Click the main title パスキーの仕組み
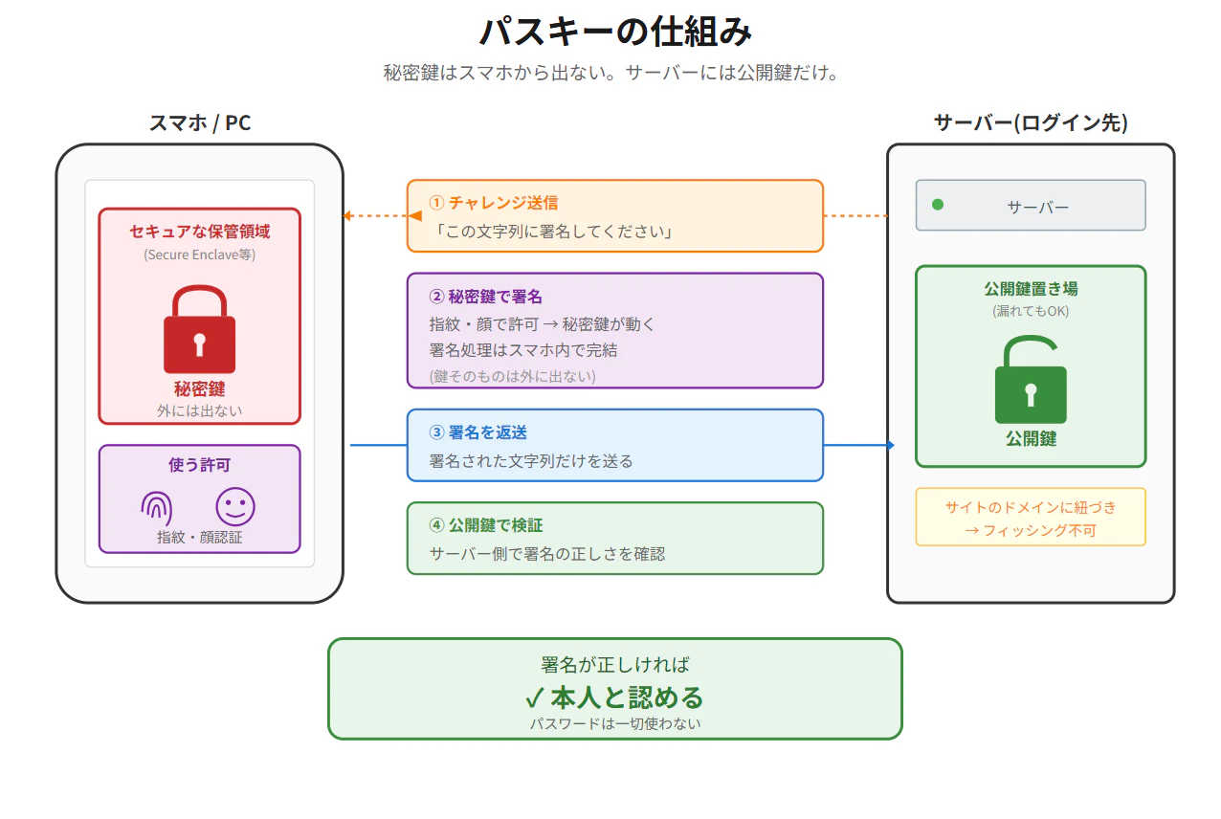pos(615,31)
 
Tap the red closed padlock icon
pos(199,329)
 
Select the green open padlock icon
pos(1031,379)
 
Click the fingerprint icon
pos(157,508)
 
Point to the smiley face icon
pos(235,506)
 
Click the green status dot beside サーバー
pos(938,205)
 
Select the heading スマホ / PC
pos(200,123)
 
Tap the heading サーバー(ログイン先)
pos(1031,123)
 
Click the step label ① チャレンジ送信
pos(494,203)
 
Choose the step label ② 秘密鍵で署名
pos(485,297)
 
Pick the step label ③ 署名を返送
pos(477,432)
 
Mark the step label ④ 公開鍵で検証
pos(485,525)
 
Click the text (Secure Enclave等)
pos(199,255)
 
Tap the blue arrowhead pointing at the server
pos(891,445)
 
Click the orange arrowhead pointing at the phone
pos(347,216)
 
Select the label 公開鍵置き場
pos(1031,289)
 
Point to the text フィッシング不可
pos(1039,530)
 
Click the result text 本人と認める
pos(627,697)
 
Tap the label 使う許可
pos(199,465)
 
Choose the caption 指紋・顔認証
pos(199,538)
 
